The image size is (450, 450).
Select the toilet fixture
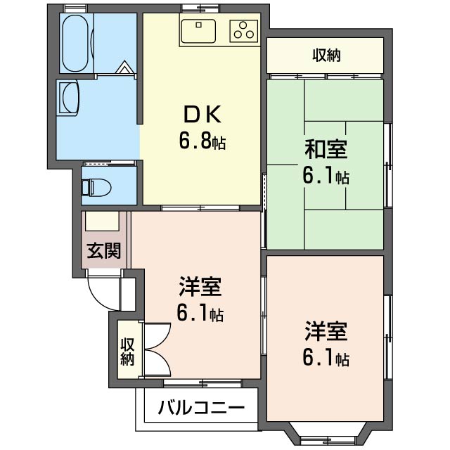[93, 187]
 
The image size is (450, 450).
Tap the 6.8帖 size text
[202, 141]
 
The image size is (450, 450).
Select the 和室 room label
[326, 149]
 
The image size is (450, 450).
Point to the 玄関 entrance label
[104, 250]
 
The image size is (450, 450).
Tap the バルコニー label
[200, 408]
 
